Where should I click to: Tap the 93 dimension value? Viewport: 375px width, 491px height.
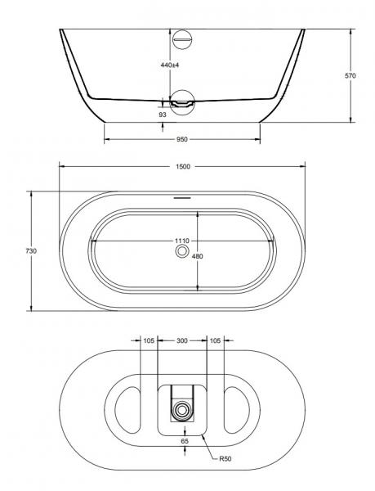click(x=163, y=115)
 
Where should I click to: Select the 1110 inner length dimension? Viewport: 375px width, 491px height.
click(x=181, y=241)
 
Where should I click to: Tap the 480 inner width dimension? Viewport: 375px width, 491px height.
click(x=197, y=256)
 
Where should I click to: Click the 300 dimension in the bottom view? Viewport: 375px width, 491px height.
click(x=181, y=340)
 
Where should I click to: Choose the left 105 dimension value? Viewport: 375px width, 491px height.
click(x=149, y=340)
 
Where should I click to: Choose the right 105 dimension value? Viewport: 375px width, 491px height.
click(x=215, y=340)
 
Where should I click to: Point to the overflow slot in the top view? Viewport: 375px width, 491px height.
click(x=181, y=197)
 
